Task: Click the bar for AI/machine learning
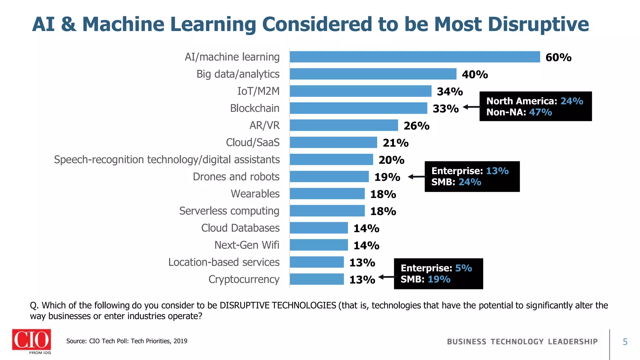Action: pyautogui.click(x=415, y=57)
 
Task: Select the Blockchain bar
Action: pyautogui.click(x=358, y=108)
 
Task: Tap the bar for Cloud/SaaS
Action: pyautogui.click(x=333, y=142)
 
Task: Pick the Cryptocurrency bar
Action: pyautogui.click(x=317, y=279)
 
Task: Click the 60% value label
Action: pyautogui.click(x=558, y=57)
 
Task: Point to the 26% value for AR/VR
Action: pyautogui.click(x=416, y=126)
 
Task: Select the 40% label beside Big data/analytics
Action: pyautogui.click(x=475, y=75)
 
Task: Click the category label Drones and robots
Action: pyautogui.click(x=236, y=177)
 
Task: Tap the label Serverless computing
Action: pyautogui.click(x=229, y=211)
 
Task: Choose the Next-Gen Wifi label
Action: pyautogui.click(x=247, y=245)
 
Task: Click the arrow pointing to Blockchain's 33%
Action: pyautogui.click(x=471, y=107)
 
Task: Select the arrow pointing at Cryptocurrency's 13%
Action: pyautogui.click(x=386, y=277)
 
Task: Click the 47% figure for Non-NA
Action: pyautogui.click(x=540, y=112)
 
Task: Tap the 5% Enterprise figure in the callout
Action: pyautogui.click(x=463, y=268)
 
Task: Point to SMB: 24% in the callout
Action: pyautogui.click(x=456, y=182)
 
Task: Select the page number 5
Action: pyautogui.click(x=625, y=342)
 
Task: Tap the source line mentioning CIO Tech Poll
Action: pyautogui.click(x=127, y=341)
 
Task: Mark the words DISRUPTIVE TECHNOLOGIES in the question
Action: pyautogui.click(x=278, y=305)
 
